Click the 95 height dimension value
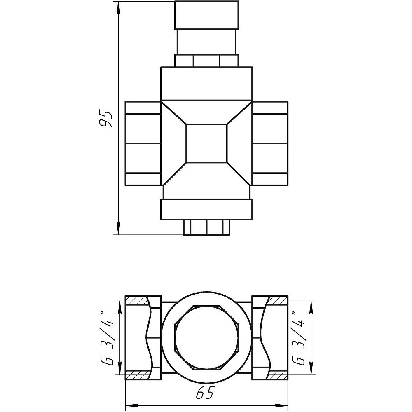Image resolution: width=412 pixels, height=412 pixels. tap(107, 119)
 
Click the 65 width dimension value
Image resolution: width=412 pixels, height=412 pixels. tap(204, 393)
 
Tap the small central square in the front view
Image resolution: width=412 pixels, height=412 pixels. tap(206, 143)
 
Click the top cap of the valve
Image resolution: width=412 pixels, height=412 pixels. tap(206, 15)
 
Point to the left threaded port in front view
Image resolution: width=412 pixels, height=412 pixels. tap(143, 143)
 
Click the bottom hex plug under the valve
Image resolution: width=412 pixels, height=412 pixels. tap(206, 227)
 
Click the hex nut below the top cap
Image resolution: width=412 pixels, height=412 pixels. tap(206, 61)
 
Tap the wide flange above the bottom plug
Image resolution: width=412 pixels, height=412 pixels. tap(206, 210)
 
